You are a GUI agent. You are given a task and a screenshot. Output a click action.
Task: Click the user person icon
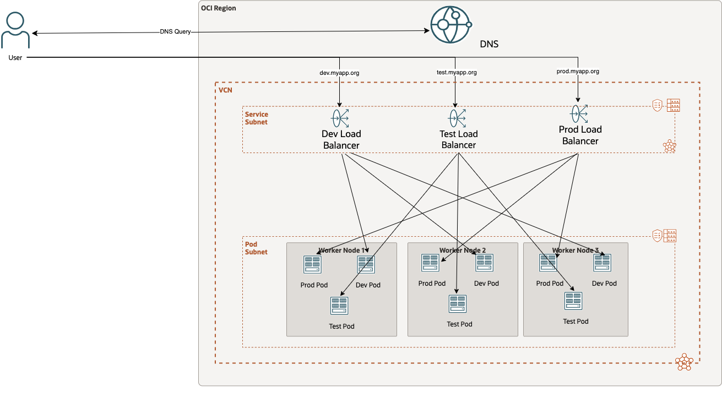15,30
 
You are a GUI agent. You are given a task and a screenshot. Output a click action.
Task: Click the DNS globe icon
451,25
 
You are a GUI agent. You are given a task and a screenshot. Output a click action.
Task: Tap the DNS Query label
175,32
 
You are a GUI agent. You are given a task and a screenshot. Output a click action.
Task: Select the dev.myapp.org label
339,73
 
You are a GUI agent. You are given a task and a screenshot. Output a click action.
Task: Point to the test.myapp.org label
456,72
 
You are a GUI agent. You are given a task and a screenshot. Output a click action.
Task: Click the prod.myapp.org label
578,71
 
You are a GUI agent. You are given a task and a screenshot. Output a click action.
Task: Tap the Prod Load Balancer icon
579,114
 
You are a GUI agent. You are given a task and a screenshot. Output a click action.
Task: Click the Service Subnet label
257,118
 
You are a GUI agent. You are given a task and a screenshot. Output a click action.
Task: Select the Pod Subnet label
256,248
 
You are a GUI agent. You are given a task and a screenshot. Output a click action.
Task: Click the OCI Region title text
219,8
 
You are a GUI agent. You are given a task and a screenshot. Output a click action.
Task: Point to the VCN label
225,90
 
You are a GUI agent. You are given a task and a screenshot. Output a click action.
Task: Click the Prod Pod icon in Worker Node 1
313,265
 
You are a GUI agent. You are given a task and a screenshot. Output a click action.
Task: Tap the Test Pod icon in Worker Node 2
458,304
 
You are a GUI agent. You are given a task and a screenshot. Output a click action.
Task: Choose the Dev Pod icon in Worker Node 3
602,263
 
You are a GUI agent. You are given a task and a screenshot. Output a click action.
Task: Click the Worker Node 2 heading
463,251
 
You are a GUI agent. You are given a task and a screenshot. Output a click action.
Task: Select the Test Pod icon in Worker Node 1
339,306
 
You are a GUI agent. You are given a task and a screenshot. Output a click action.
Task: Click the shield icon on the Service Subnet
657,105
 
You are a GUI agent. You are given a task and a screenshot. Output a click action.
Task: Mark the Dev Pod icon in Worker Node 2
485,263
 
